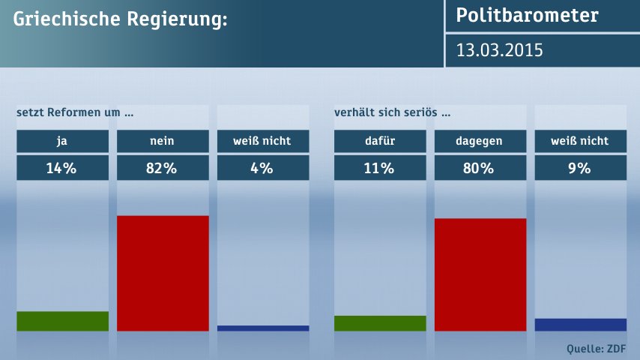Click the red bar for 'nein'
pyautogui.click(x=163, y=273)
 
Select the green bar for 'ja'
pyautogui.click(x=62, y=321)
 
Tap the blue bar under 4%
pyautogui.click(x=262, y=328)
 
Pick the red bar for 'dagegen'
pyautogui.click(x=480, y=274)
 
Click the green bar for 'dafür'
pyautogui.click(x=380, y=323)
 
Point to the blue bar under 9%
pyautogui.click(x=580, y=325)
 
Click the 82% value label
pyautogui.click(x=163, y=168)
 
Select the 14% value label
pyautogui.click(x=62, y=168)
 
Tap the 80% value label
pyautogui.click(x=480, y=168)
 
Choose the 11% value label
pyautogui.click(x=380, y=168)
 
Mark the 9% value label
pyautogui.click(x=580, y=168)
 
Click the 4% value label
pyautogui.click(x=262, y=168)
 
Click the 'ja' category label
pyautogui.click(x=62, y=140)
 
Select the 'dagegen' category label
pyautogui.click(x=480, y=140)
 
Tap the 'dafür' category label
pyautogui.click(x=380, y=140)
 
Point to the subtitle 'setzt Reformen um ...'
pyautogui.click(x=75, y=113)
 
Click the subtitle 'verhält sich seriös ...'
pyautogui.click(x=393, y=113)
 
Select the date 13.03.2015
pyautogui.click(x=500, y=50)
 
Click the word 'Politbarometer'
pyautogui.click(x=528, y=16)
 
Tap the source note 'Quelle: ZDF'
pyautogui.click(x=597, y=348)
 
